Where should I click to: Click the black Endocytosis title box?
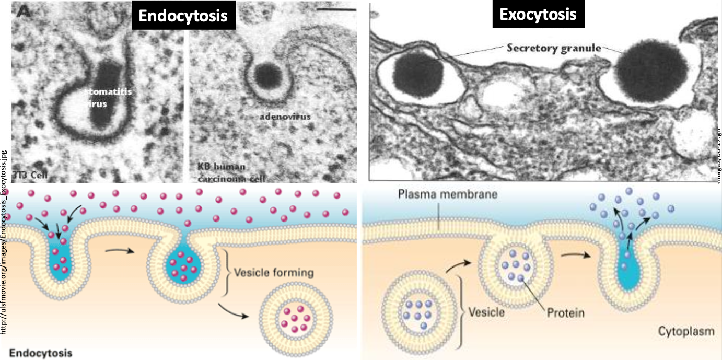coord(183,16)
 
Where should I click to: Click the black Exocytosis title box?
coord(538,14)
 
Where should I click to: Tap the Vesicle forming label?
coord(274,272)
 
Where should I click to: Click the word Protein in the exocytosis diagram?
coord(565,313)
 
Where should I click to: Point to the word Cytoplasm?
coord(680,331)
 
